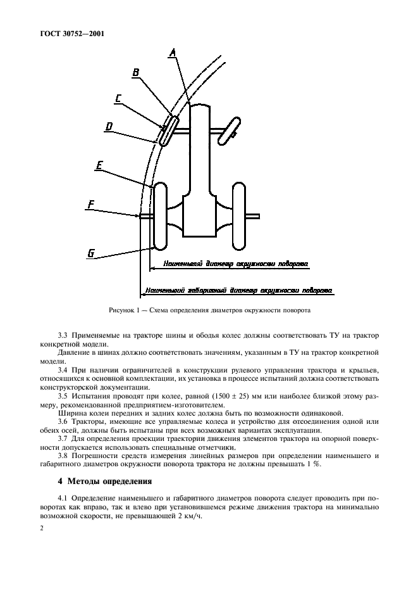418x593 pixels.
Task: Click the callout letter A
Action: [x=171, y=54]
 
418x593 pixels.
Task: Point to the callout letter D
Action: [x=109, y=127]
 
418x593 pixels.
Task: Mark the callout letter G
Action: [x=91, y=253]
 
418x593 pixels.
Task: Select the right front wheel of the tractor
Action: [x=228, y=129]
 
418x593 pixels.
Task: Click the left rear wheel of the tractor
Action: [x=160, y=216]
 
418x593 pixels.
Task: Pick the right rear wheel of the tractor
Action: [x=238, y=216]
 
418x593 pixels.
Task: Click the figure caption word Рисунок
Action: [x=123, y=310]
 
